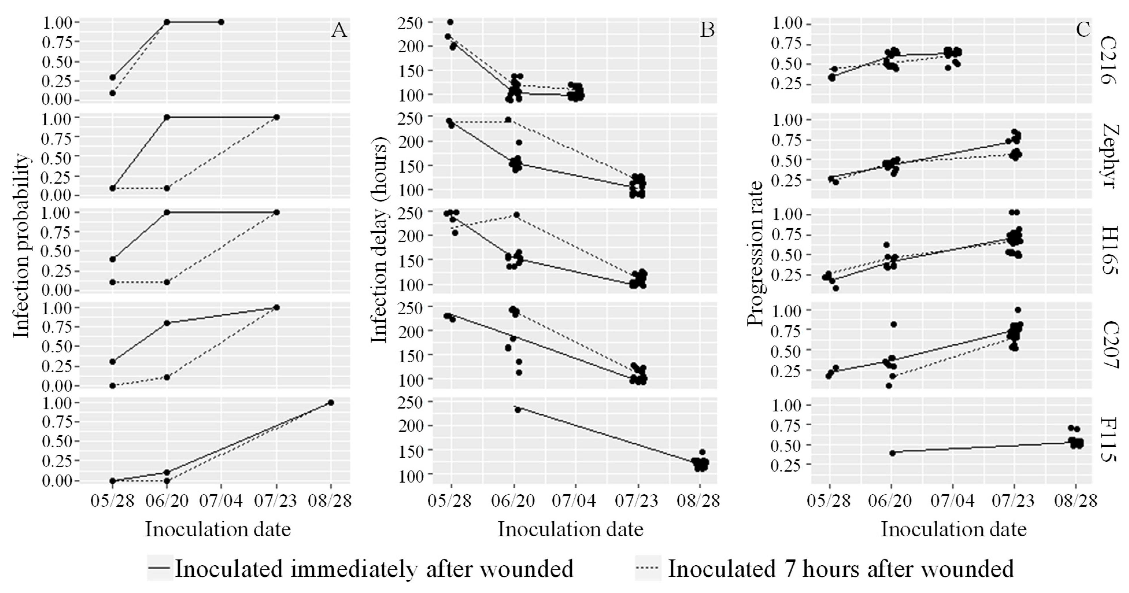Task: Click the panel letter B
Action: (x=707, y=31)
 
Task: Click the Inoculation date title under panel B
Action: (x=570, y=529)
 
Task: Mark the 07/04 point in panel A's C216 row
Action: (x=221, y=22)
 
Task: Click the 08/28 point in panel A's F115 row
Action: (x=331, y=402)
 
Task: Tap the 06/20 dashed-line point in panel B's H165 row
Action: (x=516, y=215)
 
